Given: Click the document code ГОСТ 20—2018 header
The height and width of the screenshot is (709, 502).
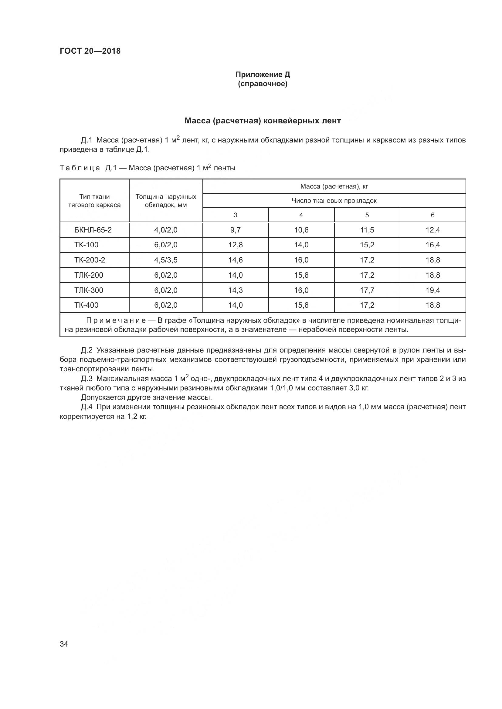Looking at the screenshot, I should pos(90,51).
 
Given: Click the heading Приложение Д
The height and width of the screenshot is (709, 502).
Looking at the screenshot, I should pos(263,75).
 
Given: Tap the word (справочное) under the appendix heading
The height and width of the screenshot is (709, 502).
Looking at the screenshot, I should pos(263,84).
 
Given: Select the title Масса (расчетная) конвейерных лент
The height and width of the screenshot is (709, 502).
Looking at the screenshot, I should pos(263,121).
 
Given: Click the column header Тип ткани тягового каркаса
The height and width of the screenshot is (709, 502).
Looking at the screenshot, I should pos(94,201).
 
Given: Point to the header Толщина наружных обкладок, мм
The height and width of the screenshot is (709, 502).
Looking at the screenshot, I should pos(166,201).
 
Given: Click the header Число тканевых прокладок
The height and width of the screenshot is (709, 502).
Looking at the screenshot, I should pos(334,201).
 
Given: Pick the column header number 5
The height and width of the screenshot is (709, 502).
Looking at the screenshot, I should pos(367,215).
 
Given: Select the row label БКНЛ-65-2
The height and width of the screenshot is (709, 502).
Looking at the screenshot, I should pos(93,230).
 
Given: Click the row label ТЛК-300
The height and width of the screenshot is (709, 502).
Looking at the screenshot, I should pos(88,290).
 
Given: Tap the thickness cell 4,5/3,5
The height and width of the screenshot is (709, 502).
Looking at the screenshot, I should pos(166,260).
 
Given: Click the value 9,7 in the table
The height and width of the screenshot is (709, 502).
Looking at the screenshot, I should pos(235,230).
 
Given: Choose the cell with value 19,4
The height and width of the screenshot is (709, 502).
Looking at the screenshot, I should pos(432,290).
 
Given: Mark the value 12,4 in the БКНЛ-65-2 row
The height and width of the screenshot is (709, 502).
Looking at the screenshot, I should pos(432,230).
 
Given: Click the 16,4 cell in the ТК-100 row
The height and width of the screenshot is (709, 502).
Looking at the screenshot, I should pos(432,245).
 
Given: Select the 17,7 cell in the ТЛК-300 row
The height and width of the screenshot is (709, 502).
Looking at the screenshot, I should pos(367,290).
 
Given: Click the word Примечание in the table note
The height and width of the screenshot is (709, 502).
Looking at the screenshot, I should pos(116,321).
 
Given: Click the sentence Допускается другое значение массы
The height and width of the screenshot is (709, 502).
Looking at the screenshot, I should pos(146,397).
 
